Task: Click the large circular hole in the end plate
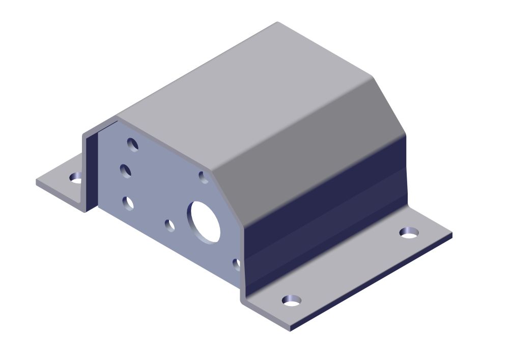click(x=205, y=220)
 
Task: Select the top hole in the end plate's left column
click(x=133, y=145)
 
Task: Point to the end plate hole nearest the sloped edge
click(x=203, y=177)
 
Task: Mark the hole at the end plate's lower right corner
click(x=237, y=264)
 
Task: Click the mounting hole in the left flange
click(x=76, y=177)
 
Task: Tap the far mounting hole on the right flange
click(x=409, y=232)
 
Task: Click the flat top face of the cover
click(x=244, y=81)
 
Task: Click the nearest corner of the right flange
click(x=290, y=328)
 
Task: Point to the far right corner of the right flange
click(x=451, y=235)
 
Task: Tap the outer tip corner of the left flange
click(x=37, y=182)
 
